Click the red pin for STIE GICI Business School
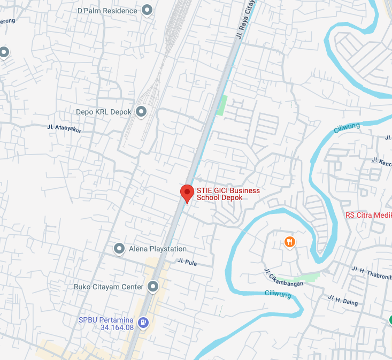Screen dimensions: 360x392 click(187, 193)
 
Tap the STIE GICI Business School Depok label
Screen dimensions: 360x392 click(228, 194)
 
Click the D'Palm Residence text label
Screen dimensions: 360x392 click(107, 11)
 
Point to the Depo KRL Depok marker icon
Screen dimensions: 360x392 click(141, 111)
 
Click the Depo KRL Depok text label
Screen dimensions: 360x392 click(104, 112)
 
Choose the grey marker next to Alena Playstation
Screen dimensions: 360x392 click(119, 248)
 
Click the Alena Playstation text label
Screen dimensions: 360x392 click(158, 249)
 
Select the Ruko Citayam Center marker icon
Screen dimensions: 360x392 click(153, 287)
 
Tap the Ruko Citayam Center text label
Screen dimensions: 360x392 click(109, 287)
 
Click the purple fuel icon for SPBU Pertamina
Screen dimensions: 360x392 click(143, 322)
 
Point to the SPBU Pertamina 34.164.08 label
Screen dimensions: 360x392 click(106, 323)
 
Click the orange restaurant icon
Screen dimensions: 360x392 click(289, 242)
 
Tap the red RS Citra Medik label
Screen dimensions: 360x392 click(368, 216)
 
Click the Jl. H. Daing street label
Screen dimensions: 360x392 click(343, 300)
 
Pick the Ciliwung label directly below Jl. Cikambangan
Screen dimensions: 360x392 click(278, 294)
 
